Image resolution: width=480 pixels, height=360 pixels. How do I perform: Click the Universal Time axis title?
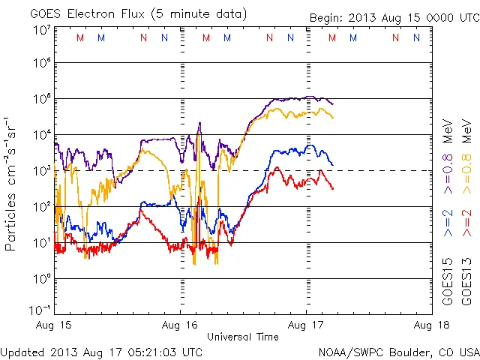[243, 337]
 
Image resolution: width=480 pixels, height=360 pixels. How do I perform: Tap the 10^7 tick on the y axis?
[41, 30]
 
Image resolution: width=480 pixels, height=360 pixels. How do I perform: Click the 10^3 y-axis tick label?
[41, 171]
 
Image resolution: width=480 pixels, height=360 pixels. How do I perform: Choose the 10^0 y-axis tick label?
[41, 279]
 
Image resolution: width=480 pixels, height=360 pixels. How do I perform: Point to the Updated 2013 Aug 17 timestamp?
[101, 351]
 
